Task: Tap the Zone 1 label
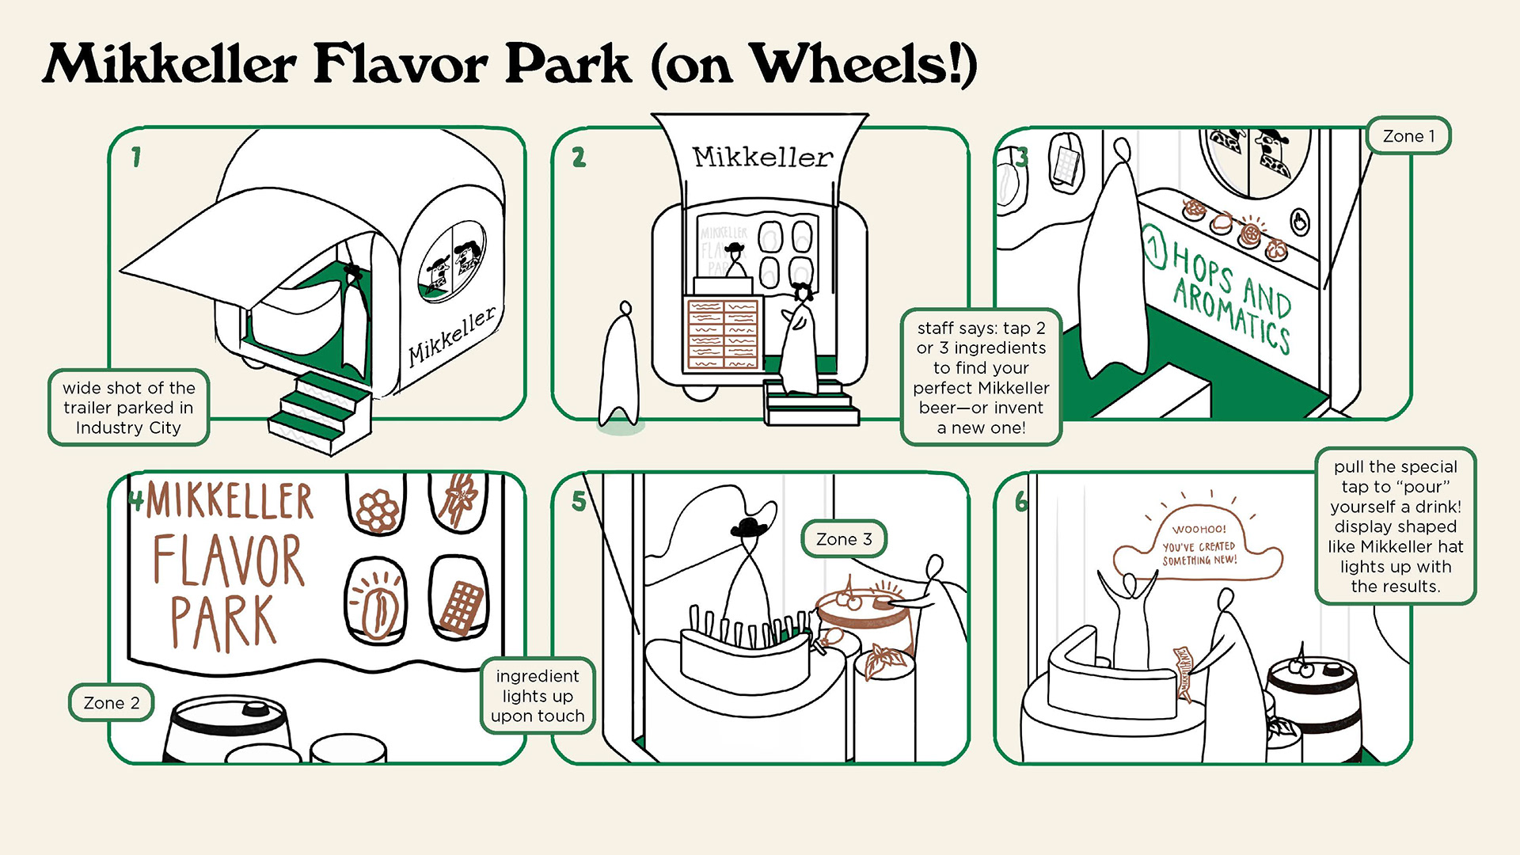click(x=1408, y=136)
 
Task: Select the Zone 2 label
click(x=112, y=703)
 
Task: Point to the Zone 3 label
click(x=844, y=539)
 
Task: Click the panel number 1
click(x=136, y=157)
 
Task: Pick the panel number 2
click(x=579, y=157)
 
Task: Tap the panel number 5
click(x=579, y=501)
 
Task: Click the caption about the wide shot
click(x=128, y=408)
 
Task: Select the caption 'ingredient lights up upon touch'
click(x=538, y=696)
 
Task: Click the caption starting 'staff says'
click(x=981, y=378)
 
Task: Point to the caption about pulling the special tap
click(x=1395, y=526)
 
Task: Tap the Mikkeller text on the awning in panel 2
click(x=762, y=158)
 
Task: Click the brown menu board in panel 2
click(x=722, y=333)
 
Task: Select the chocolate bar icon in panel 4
click(x=460, y=607)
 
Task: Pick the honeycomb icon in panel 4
click(x=378, y=511)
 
